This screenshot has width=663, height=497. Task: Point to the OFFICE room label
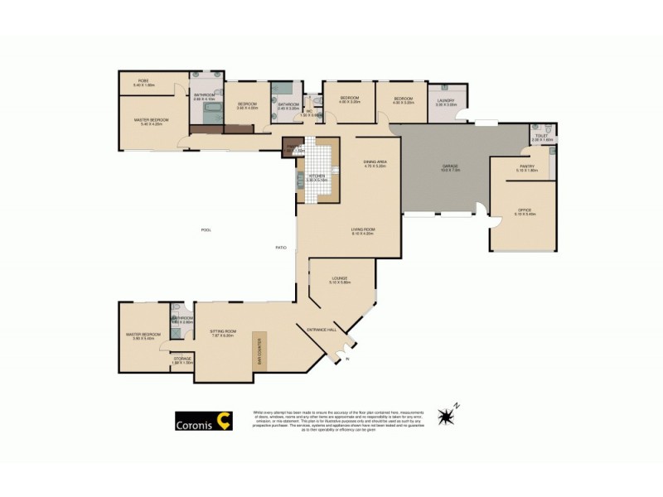click(525, 212)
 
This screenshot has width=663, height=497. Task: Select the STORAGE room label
click(182, 359)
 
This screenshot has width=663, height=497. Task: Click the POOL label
click(206, 229)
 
